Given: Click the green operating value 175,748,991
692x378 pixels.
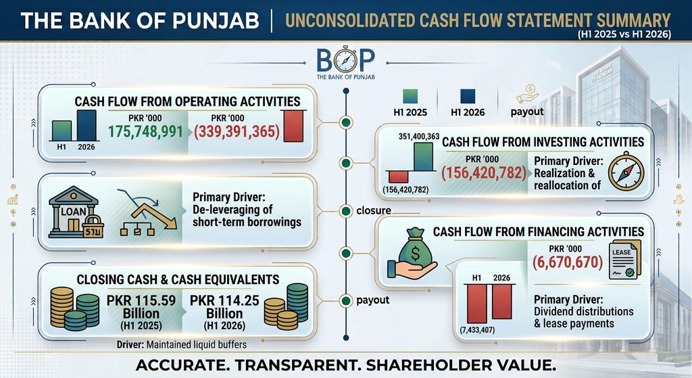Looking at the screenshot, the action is (x=146, y=132).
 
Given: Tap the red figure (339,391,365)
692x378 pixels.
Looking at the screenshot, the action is (x=237, y=132).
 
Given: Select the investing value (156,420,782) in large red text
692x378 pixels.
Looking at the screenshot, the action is (x=484, y=173).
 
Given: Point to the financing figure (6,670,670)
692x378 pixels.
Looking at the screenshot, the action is (x=568, y=262).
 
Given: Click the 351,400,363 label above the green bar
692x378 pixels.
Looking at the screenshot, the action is (x=419, y=137).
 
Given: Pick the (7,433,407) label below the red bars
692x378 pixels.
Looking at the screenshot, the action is (x=477, y=330).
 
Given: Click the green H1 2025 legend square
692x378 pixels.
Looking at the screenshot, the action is (x=410, y=97).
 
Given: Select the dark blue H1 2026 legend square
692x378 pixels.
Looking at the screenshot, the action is (x=468, y=97).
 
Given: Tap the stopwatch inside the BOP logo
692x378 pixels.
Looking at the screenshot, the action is (x=346, y=60).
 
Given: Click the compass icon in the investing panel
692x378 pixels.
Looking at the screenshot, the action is (x=626, y=171).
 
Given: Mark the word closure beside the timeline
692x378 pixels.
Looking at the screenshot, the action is (x=373, y=210).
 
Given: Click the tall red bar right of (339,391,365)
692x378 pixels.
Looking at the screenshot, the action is (x=293, y=126).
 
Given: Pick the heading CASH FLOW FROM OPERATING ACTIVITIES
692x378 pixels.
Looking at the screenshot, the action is (x=188, y=101).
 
